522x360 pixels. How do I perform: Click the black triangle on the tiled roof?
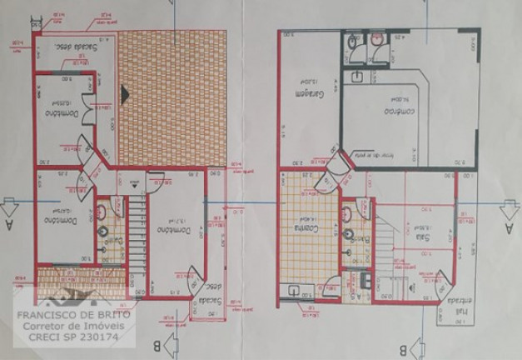coord(125,95)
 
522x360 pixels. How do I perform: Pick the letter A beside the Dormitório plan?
coord(9,223)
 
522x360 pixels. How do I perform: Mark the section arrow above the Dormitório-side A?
coord(9,203)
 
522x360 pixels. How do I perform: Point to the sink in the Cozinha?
coord(293,291)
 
